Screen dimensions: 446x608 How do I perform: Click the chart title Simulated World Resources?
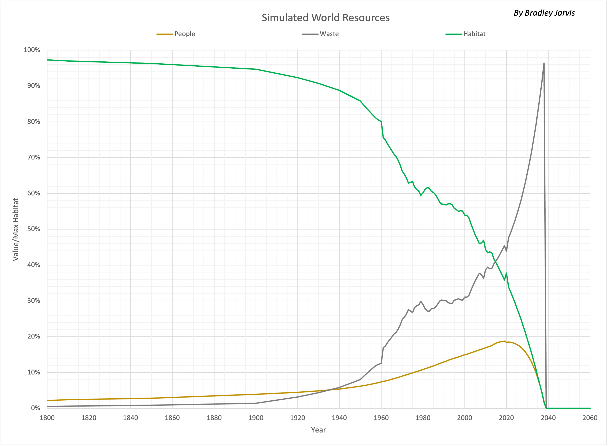tap(326, 18)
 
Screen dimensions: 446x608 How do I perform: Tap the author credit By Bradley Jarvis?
tap(544, 13)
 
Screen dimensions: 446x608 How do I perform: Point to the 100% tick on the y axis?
tap(32, 50)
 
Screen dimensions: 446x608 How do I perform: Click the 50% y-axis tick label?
tap(33, 229)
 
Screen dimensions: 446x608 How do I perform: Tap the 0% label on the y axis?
tap(35, 408)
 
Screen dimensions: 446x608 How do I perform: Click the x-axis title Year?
tap(318, 430)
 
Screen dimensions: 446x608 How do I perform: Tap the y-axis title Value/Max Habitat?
tap(16, 229)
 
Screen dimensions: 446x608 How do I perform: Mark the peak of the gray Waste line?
tap(544, 63)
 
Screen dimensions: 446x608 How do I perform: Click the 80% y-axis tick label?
tap(33, 122)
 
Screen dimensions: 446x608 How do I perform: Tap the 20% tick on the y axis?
tap(33, 336)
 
